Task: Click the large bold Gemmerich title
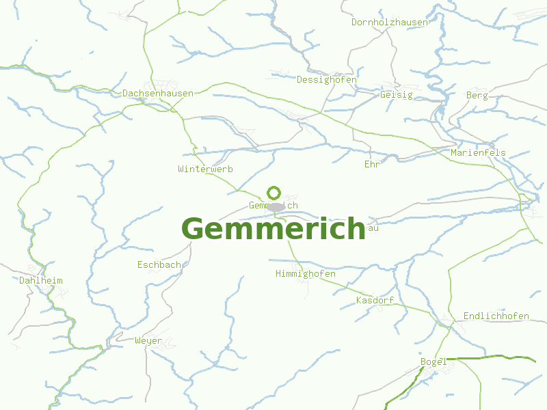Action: coord(273,229)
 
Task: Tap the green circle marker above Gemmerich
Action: coord(274,193)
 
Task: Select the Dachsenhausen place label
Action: coord(158,93)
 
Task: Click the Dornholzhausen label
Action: coord(390,22)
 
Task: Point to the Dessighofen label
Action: coord(327,79)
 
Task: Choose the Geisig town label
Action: coord(397,94)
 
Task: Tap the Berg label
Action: coord(477,95)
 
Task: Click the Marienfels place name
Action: coord(478,152)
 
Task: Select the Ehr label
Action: coord(372,164)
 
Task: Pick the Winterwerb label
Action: coord(206,168)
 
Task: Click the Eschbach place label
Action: coord(159,264)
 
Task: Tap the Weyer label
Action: coord(148,340)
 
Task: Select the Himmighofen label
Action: coord(305,273)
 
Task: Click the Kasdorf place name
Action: coord(375,300)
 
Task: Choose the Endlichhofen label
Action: coord(496,316)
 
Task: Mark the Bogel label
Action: coord(433,361)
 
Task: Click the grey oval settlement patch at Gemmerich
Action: coord(276,206)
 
